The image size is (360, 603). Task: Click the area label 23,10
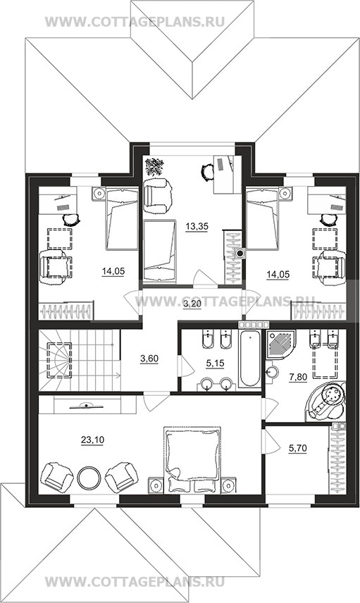92,440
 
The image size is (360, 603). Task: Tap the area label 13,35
197,227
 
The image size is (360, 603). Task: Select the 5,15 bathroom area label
215,363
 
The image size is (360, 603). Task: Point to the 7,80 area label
298,378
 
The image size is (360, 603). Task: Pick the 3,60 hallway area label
149,359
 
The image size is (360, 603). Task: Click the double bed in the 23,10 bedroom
192,459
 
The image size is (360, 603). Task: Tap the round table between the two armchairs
89,477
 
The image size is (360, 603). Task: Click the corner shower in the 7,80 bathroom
280,344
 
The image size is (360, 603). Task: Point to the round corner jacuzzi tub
325,401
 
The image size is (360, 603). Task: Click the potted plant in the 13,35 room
154,167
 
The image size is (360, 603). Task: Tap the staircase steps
80,361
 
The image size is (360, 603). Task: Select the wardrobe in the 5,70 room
337,459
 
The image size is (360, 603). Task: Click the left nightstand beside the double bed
156,485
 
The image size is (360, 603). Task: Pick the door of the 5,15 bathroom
185,366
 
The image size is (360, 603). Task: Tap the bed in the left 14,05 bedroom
122,219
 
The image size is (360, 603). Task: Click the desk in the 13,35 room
227,175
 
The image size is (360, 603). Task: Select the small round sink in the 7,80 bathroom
273,372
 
